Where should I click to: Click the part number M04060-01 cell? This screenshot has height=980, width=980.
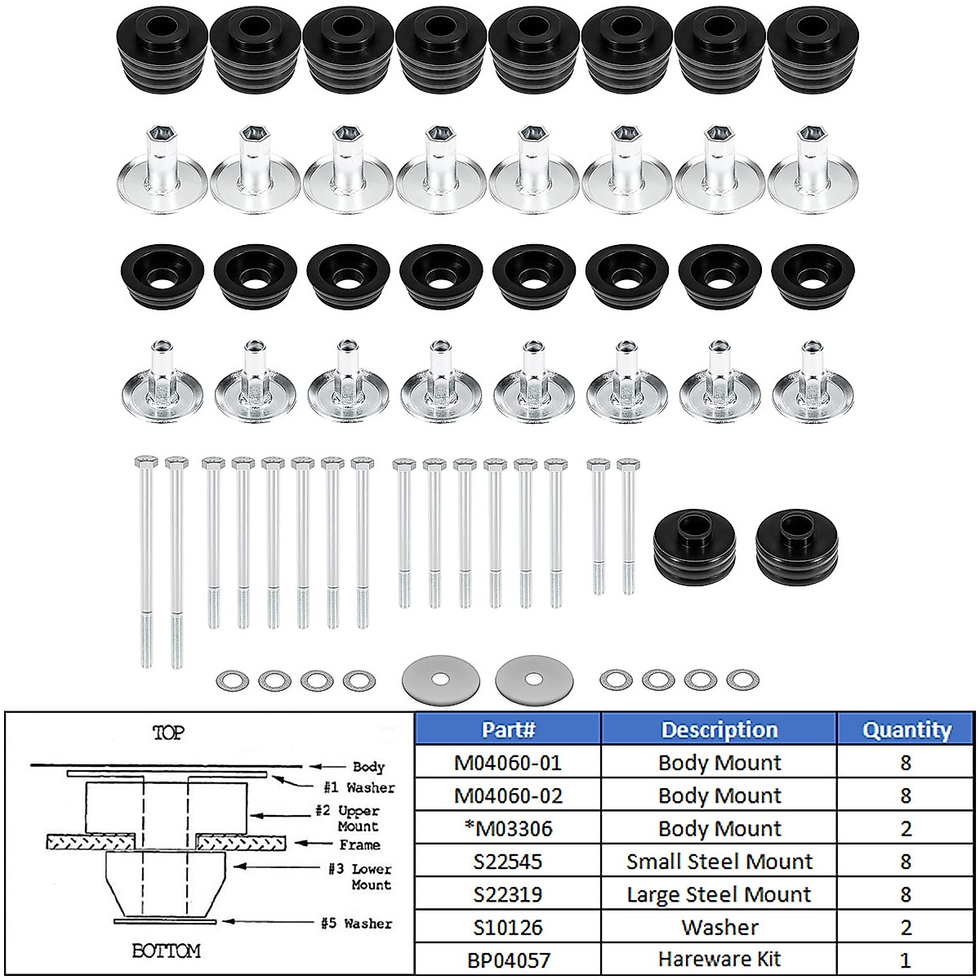(x=508, y=763)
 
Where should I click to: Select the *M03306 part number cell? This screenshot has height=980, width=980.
(x=508, y=828)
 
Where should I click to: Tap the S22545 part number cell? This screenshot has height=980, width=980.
(x=508, y=862)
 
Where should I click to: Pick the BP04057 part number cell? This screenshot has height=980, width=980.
(x=508, y=960)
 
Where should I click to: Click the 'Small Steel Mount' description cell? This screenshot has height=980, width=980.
(x=719, y=862)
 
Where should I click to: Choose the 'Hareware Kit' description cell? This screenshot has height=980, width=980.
(x=719, y=960)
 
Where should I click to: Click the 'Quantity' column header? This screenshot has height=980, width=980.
(x=906, y=729)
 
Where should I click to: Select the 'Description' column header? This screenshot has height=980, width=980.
(x=719, y=729)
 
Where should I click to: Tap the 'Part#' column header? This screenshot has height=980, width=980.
(x=508, y=729)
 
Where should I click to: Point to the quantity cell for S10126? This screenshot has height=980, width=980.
(x=906, y=927)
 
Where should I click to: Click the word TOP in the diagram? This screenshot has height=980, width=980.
(x=168, y=733)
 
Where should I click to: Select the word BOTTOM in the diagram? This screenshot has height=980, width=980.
(x=166, y=951)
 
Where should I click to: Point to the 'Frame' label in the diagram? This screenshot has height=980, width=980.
(x=360, y=845)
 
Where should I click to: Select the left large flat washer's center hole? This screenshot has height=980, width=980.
(x=440, y=679)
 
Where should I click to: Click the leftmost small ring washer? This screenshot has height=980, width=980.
(x=233, y=679)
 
